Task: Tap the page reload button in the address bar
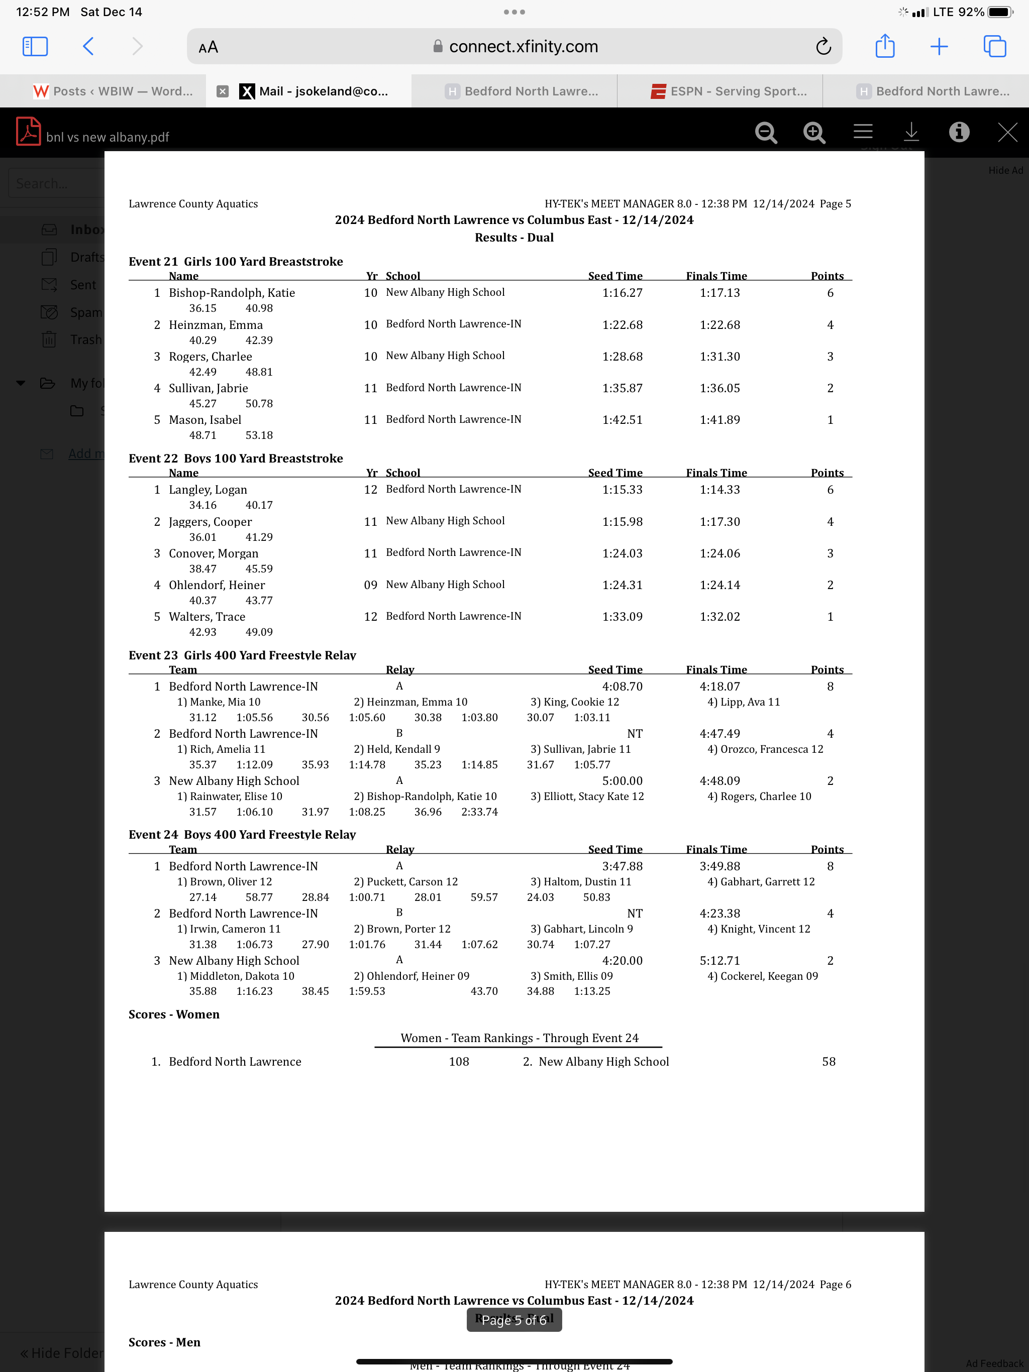pyautogui.click(x=823, y=47)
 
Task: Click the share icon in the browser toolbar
pyautogui.click(x=884, y=47)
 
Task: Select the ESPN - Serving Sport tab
pyautogui.click(x=729, y=91)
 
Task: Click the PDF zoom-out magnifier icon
pyautogui.click(x=766, y=133)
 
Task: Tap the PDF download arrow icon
pyautogui.click(x=911, y=133)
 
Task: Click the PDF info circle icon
pyautogui.click(x=959, y=133)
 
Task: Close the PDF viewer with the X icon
pyautogui.click(x=1007, y=133)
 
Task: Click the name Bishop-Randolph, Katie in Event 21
pyautogui.click(x=232, y=293)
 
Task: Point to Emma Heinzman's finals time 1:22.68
pyautogui.click(x=719, y=325)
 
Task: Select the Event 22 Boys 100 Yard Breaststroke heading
pyautogui.click(x=236, y=459)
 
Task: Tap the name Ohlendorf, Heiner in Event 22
pyautogui.click(x=217, y=585)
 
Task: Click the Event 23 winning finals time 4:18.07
pyautogui.click(x=719, y=687)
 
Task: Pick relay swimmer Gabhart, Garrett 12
pyautogui.click(x=761, y=882)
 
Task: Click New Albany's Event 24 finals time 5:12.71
pyautogui.click(x=719, y=961)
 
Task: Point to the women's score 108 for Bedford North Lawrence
pyautogui.click(x=459, y=1062)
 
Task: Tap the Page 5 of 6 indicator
pyautogui.click(x=514, y=1320)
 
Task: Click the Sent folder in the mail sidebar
pyautogui.click(x=82, y=285)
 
